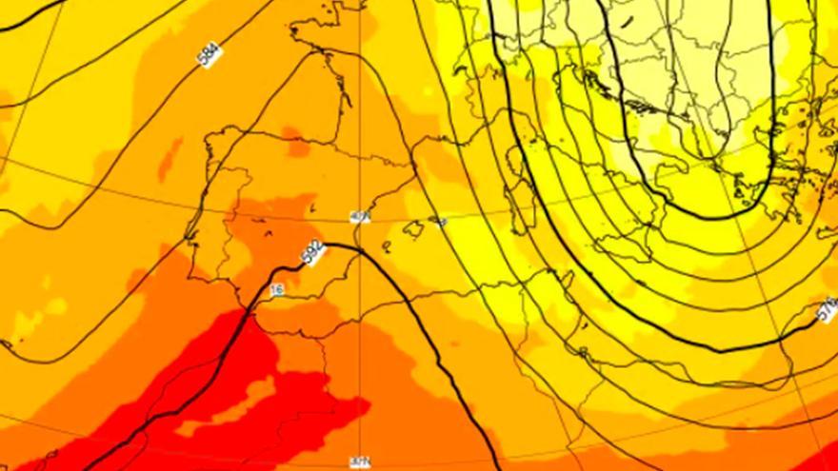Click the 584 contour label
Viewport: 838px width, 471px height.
click(x=209, y=54)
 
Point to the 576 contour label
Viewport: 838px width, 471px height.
click(x=828, y=311)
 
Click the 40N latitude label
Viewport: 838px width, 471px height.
click(x=359, y=217)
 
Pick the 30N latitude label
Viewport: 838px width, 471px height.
click(x=359, y=462)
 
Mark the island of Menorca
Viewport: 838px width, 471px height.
click(x=438, y=221)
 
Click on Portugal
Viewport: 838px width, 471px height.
click(x=205, y=238)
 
